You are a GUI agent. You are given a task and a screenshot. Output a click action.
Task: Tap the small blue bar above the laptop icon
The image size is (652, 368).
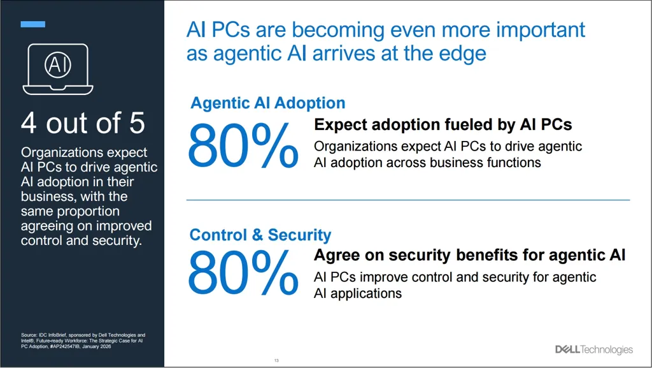[33, 24]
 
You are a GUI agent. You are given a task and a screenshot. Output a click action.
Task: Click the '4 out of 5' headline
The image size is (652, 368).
[83, 123]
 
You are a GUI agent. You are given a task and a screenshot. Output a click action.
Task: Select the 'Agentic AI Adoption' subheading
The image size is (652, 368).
[267, 103]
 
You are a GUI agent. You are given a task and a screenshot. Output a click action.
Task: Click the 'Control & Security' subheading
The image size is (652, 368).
[260, 235]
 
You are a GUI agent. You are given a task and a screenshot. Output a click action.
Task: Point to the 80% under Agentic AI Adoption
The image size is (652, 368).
[243, 146]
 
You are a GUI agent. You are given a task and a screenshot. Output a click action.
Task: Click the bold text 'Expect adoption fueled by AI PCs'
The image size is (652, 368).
[443, 124]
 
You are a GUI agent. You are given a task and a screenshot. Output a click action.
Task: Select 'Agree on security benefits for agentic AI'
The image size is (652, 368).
[470, 255]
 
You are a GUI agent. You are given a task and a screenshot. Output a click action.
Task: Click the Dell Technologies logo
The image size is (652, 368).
[594, 350]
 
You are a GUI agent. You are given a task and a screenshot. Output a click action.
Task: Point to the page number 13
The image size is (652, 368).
[276, 361]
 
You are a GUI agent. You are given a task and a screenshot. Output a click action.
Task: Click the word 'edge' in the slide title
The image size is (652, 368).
[462, 53]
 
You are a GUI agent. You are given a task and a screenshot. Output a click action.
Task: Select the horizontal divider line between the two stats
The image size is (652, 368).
[407, 200]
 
